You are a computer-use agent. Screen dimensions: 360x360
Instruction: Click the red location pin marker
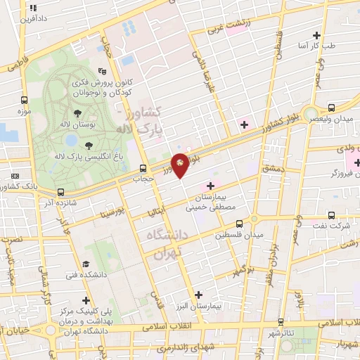click(180, 165)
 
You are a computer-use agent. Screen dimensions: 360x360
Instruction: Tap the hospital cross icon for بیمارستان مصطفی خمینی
click(210, 185)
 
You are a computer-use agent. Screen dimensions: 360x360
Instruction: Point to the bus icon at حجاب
click(143, 168)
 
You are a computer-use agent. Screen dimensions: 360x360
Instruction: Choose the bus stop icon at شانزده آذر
click(61, 191)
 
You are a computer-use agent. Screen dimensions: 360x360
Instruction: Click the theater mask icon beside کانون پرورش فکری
click(103, 70)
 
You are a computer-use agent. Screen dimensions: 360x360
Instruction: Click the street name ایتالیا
click(156, 210)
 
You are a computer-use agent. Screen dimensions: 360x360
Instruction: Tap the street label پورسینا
click(112, 210)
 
